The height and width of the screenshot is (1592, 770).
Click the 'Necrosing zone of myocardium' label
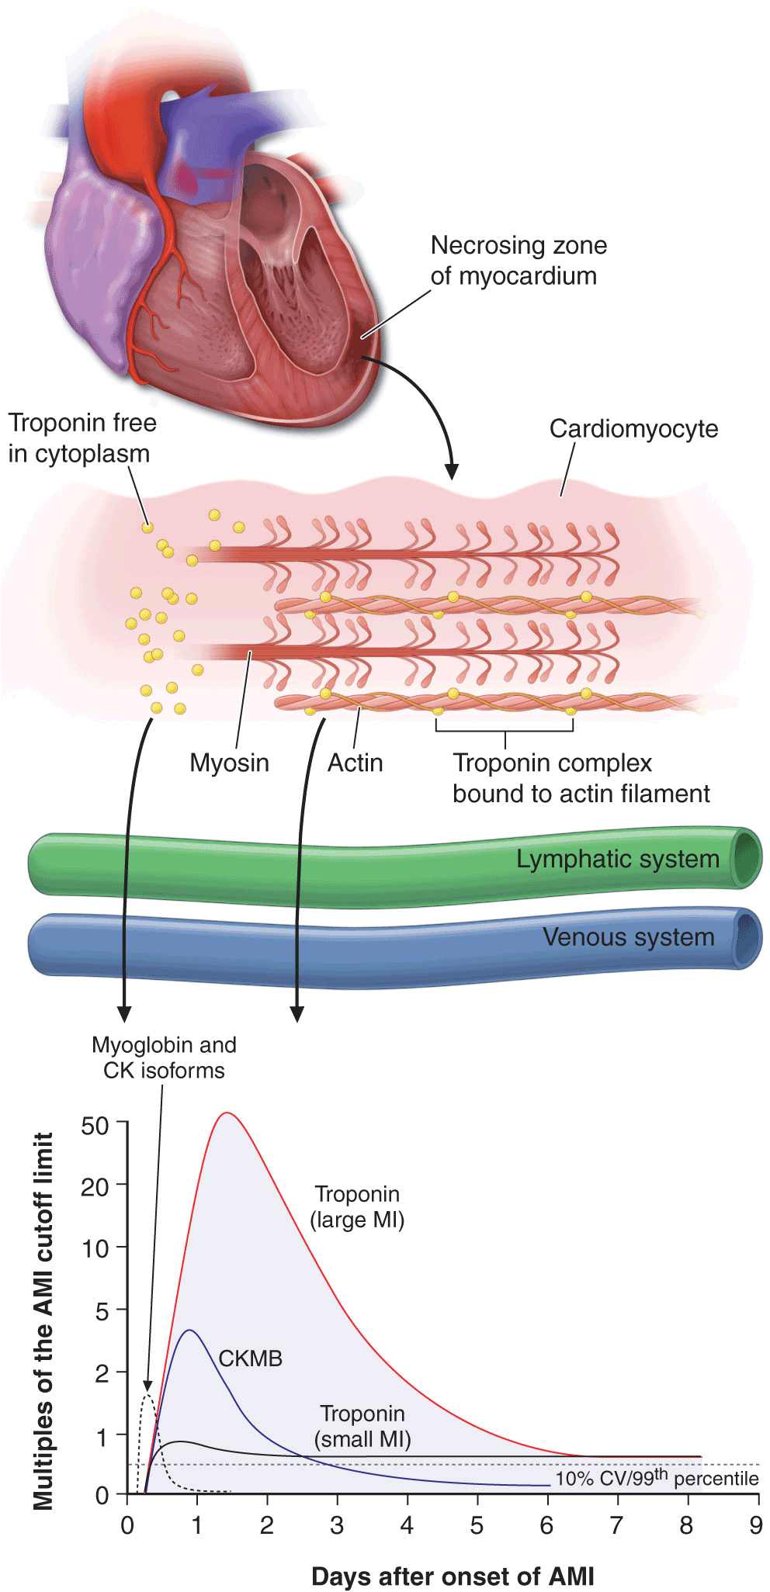[518, 261]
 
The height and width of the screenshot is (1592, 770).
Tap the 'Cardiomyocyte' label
[633, 428]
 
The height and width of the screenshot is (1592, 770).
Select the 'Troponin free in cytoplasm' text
[82, 438]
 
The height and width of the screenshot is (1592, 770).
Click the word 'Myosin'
[229, 763]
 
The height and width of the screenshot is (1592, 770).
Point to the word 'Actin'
[355, 763]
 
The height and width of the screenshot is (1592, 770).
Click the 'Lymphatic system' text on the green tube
[618, 859]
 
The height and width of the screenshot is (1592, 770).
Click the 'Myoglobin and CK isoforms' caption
[164, 1057]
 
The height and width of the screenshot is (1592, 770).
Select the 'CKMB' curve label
[250, 1358]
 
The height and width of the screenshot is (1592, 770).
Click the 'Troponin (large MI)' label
[357, 1206]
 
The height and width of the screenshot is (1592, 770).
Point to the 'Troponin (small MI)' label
[362, 1427]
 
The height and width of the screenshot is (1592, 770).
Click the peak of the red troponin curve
[227, 1113]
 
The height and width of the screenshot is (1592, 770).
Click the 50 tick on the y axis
[95, 1124]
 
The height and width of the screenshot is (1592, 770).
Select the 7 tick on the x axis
[616, 1525]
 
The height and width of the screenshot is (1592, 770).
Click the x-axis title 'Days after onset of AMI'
[453, 1576]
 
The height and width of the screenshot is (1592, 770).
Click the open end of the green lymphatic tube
[747, 857]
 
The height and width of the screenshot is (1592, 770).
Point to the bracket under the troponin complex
[505, 729]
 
